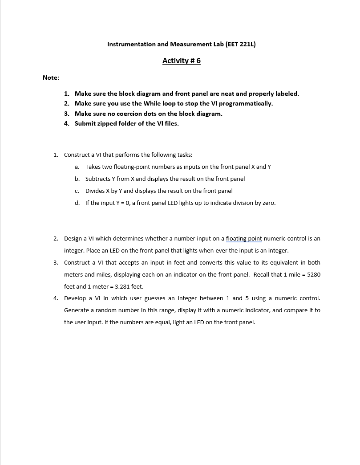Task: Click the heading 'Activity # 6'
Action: [x=181, y=61]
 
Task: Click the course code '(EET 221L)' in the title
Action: [x=241, y=44]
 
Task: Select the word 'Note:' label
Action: [x=51, y=77]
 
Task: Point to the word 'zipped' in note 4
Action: [x=107, y=123]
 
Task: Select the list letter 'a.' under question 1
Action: [x=77, y=167]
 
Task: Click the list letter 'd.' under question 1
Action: [x=77, y=203]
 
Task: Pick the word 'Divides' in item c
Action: [x=95, y=191]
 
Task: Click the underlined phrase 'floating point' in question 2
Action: [x=244, y=239]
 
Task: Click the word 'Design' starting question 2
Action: [x=73, y=239]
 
